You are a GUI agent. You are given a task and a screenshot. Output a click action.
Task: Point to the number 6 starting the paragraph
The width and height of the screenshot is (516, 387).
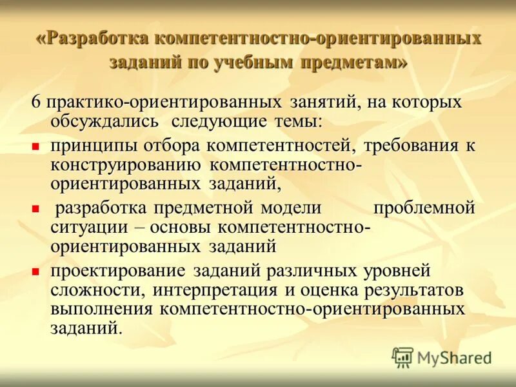tap(37, 103)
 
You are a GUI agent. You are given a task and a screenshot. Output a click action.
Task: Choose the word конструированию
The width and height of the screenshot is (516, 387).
tap(127, 164)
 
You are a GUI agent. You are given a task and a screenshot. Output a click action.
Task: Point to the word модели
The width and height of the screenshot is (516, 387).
tap(290, 208)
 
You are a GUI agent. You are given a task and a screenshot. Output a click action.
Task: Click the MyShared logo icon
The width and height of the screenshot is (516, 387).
tap(402, 357)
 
